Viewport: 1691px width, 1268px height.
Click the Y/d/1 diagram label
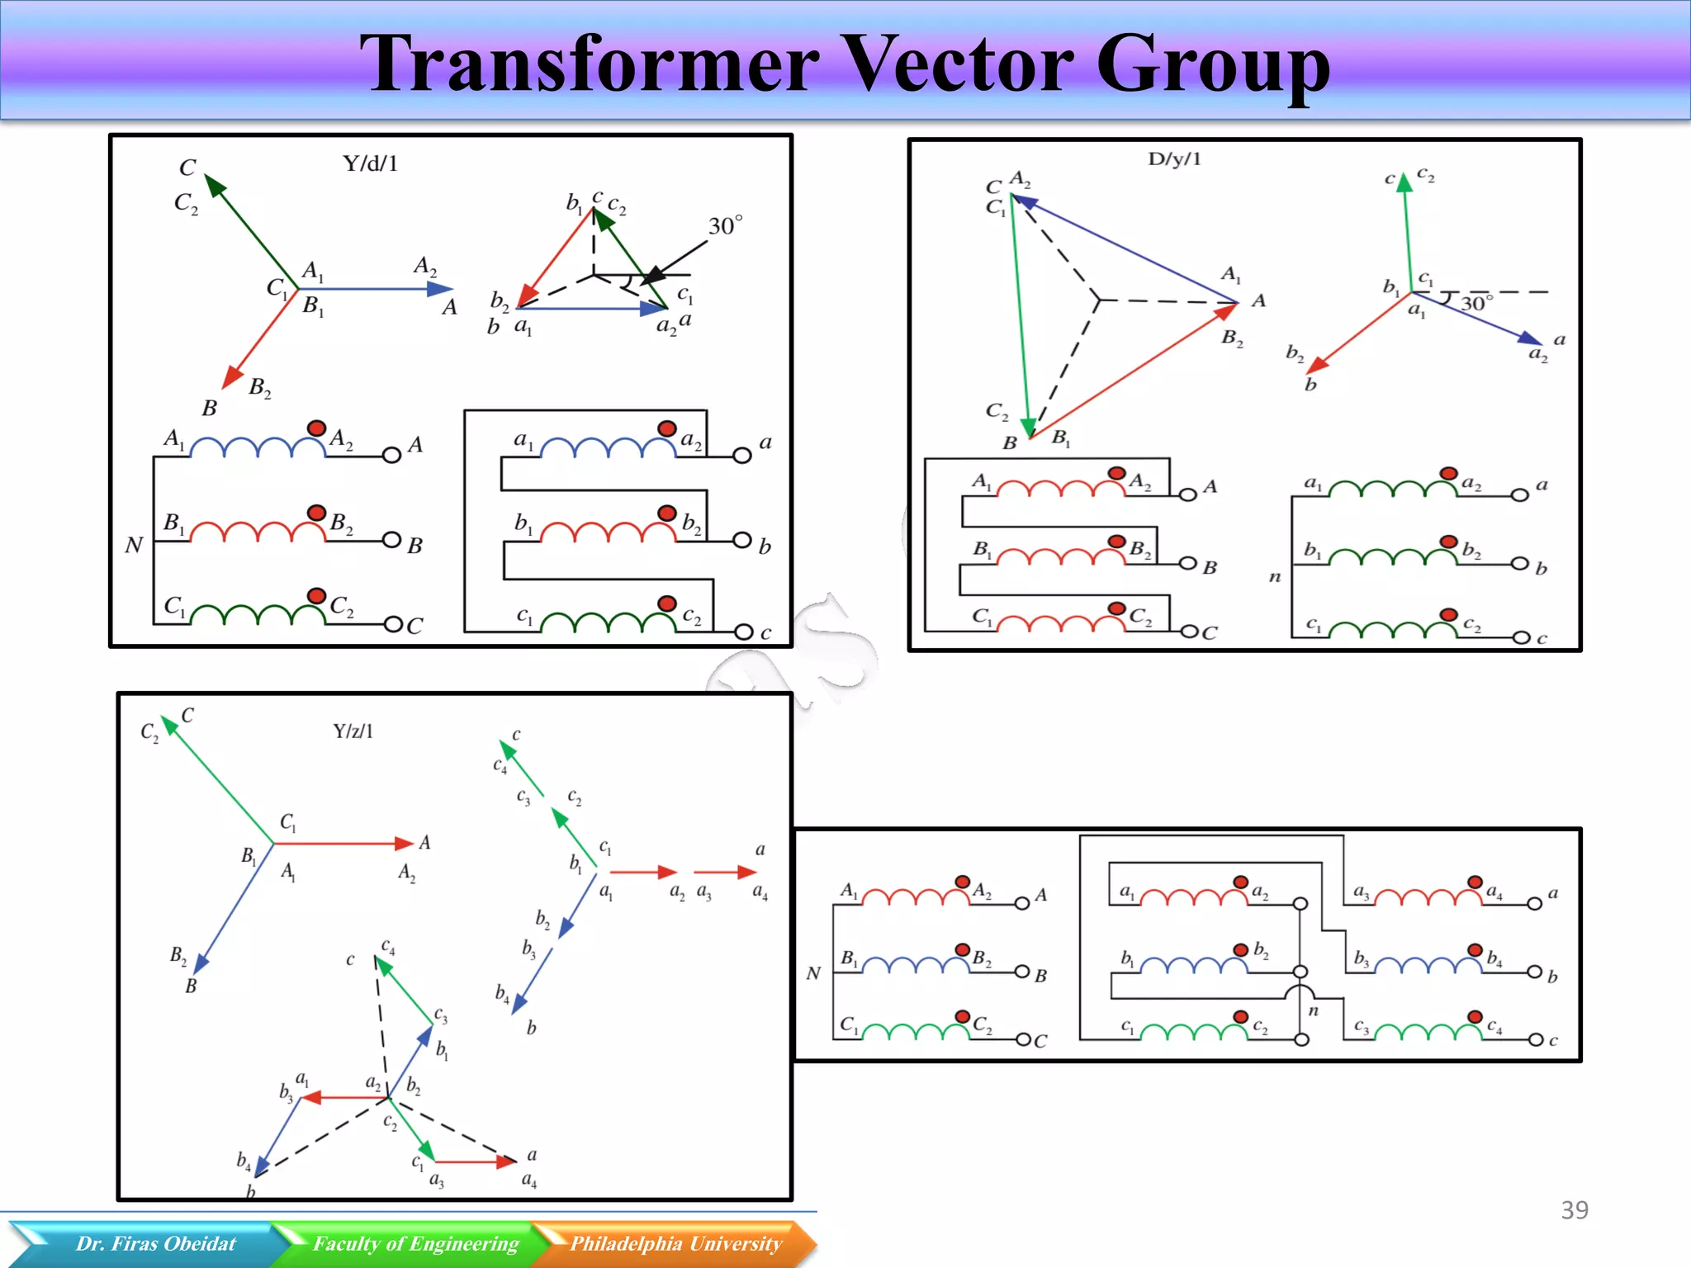370,163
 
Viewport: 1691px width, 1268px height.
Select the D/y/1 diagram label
1174,158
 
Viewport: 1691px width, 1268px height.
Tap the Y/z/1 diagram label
353,731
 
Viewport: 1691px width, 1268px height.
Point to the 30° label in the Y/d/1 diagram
725,225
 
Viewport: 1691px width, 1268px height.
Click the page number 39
1574,1210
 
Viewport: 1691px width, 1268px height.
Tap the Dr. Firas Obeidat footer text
155,1243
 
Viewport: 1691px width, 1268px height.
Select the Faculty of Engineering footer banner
415,1243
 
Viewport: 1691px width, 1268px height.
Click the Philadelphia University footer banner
675,1243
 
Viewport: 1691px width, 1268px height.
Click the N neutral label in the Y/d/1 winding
134,545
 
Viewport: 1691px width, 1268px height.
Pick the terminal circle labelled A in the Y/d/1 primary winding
391,454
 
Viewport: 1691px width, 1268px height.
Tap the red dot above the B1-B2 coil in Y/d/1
316,513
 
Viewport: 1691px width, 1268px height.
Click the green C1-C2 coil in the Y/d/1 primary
258,615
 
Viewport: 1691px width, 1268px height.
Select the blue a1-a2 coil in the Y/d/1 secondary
609,447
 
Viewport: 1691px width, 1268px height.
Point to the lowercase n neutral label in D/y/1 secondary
1275,577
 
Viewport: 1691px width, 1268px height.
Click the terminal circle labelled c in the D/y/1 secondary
1520,637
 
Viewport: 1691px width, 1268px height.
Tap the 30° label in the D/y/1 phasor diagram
1476,303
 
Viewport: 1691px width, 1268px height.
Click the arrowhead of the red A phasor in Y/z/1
405,843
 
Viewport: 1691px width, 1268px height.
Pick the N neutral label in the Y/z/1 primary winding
813,973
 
